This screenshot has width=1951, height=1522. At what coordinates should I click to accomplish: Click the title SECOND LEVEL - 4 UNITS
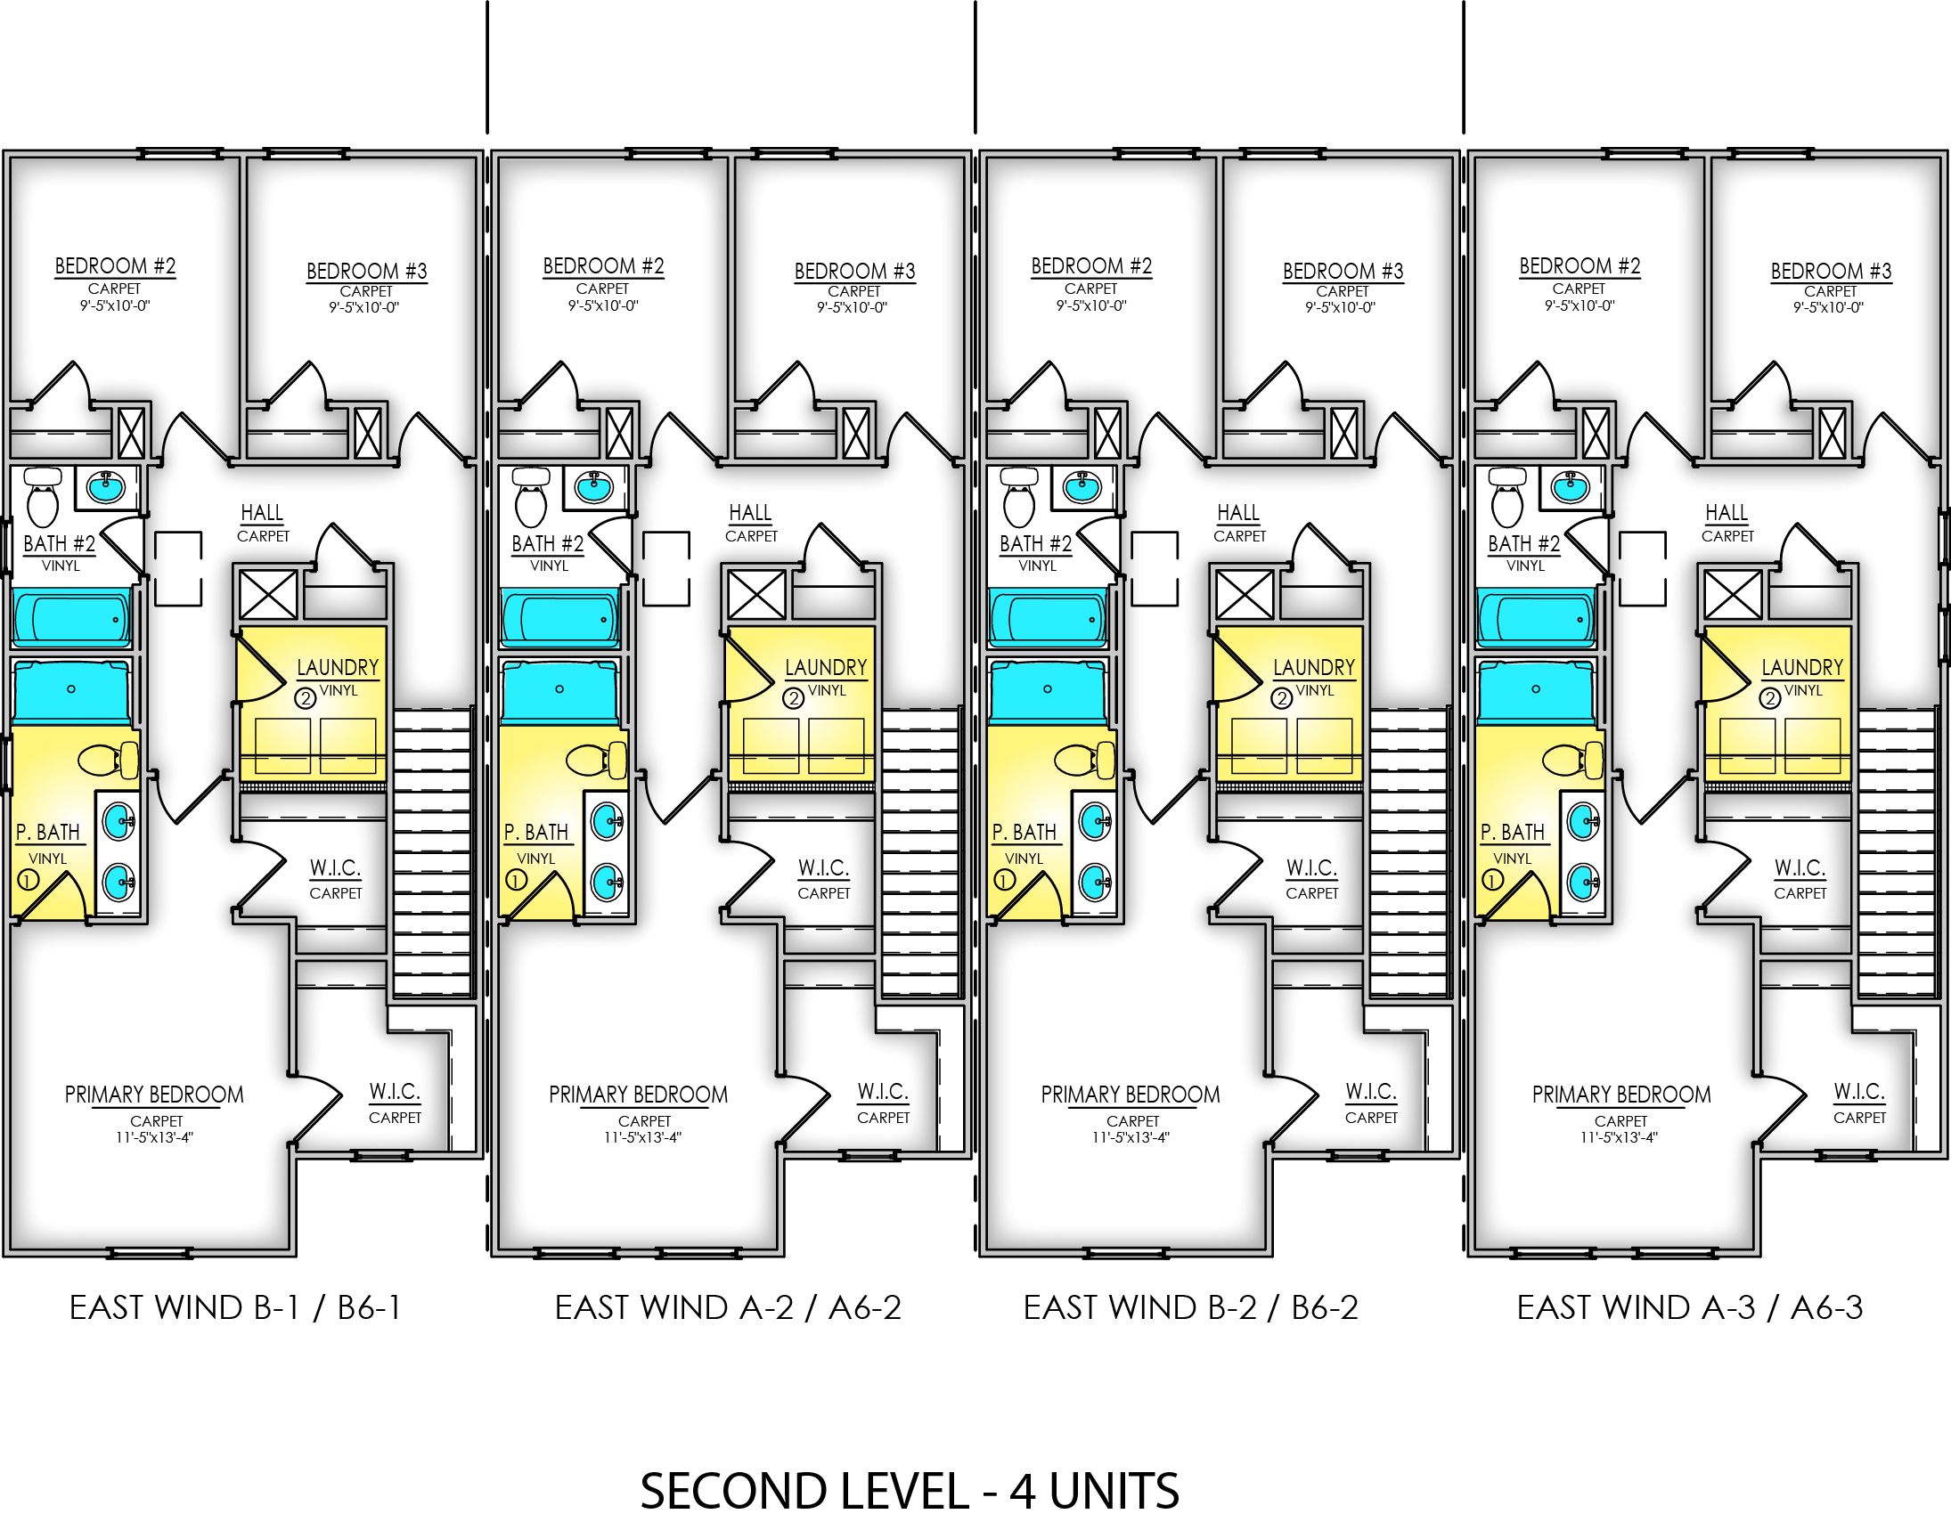tap(910, 1490)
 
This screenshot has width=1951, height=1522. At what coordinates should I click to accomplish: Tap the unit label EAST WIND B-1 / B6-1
tap(236, 1307)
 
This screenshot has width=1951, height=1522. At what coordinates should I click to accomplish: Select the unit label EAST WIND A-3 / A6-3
tap(1689, 1307)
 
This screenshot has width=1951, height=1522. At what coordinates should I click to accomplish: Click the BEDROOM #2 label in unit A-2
tap(604, 266)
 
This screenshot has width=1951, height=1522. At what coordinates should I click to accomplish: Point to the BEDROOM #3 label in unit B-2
tap(1343, 271)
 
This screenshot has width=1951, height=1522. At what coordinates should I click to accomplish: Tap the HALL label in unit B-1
tap(262, 513)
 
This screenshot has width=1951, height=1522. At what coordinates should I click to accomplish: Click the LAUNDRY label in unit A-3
tap(1802, 667)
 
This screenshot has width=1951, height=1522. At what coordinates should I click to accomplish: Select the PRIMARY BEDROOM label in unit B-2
tap(1130, 1095)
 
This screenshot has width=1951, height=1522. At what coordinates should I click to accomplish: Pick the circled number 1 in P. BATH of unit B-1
tap(28, 881)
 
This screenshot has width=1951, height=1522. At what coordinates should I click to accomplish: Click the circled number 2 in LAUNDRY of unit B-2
tap(1282, 698)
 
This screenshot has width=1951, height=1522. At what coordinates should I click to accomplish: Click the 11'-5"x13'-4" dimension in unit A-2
tap(643, 1138)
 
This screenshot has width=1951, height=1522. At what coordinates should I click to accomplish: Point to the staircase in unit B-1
tap(432, 853)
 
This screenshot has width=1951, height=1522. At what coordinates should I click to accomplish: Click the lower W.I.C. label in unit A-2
tap(883, 1092)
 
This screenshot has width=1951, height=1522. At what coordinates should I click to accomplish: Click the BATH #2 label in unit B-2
tap(1035, 543)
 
